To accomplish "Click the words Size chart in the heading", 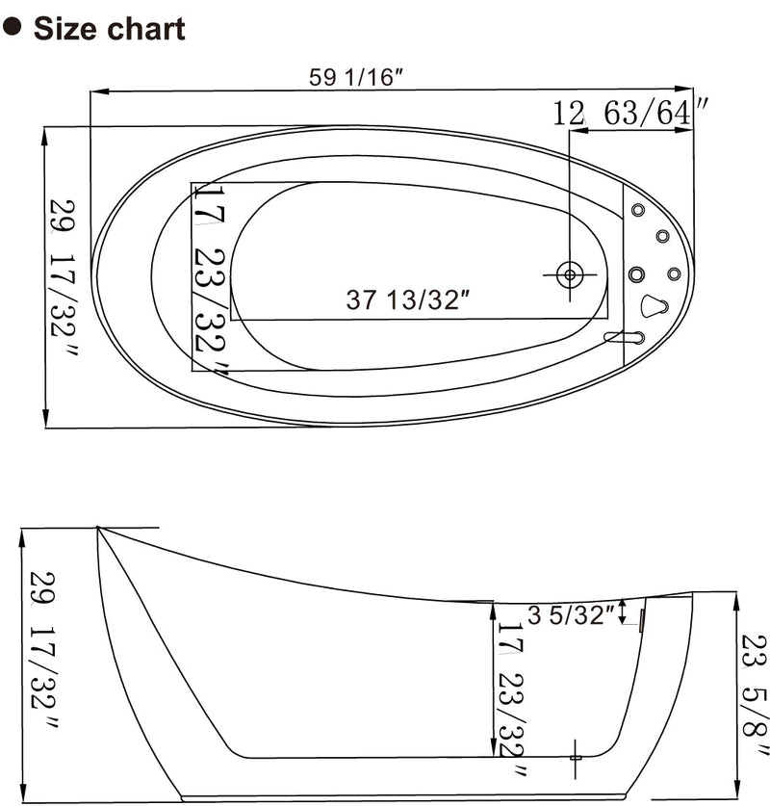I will click(109, 28).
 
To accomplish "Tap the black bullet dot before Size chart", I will click(13, 27).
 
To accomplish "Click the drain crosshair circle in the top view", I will click(570, 274).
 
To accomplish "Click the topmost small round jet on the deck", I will click(637, 210).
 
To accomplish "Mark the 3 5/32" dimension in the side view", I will click(571, 615).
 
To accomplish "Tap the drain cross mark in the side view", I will click(575, 751).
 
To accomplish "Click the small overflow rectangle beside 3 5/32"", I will click(641, 622).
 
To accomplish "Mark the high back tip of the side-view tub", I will click(97, 527).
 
